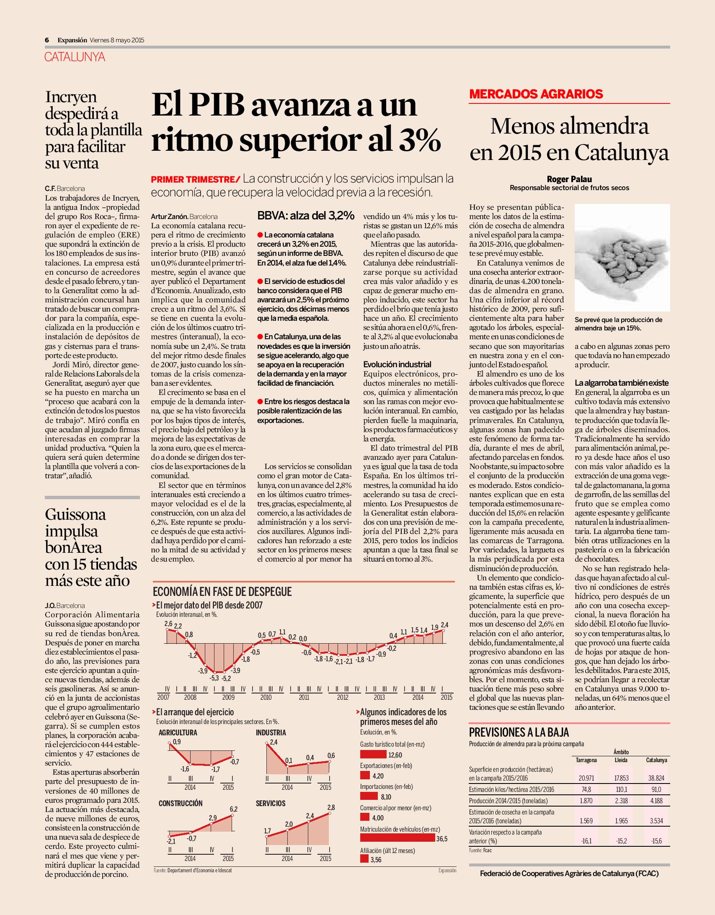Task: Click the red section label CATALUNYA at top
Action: pos(75,57)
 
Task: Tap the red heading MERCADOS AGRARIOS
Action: pos(536,94)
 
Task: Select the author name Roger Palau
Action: pos(569,179)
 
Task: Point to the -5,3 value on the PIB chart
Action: pos(214,678)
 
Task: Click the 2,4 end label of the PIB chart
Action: pos(444,625)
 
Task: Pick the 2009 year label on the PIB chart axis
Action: pos(228,697)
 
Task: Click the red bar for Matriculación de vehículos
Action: pos(398,838)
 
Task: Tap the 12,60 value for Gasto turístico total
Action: pos(395,755)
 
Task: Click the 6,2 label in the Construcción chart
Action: pos(233,809)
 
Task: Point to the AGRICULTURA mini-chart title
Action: pos(178,733)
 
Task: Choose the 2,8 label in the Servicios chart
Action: pos(330,807)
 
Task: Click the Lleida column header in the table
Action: pos(621,760)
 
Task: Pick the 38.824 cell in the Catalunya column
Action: pos(656,778)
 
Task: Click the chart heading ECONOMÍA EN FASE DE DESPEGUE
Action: pos(222,592)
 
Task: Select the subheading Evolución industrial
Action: pos(397,364)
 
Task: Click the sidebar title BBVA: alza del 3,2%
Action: pos(305,216)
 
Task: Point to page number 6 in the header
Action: pos(47,40)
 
